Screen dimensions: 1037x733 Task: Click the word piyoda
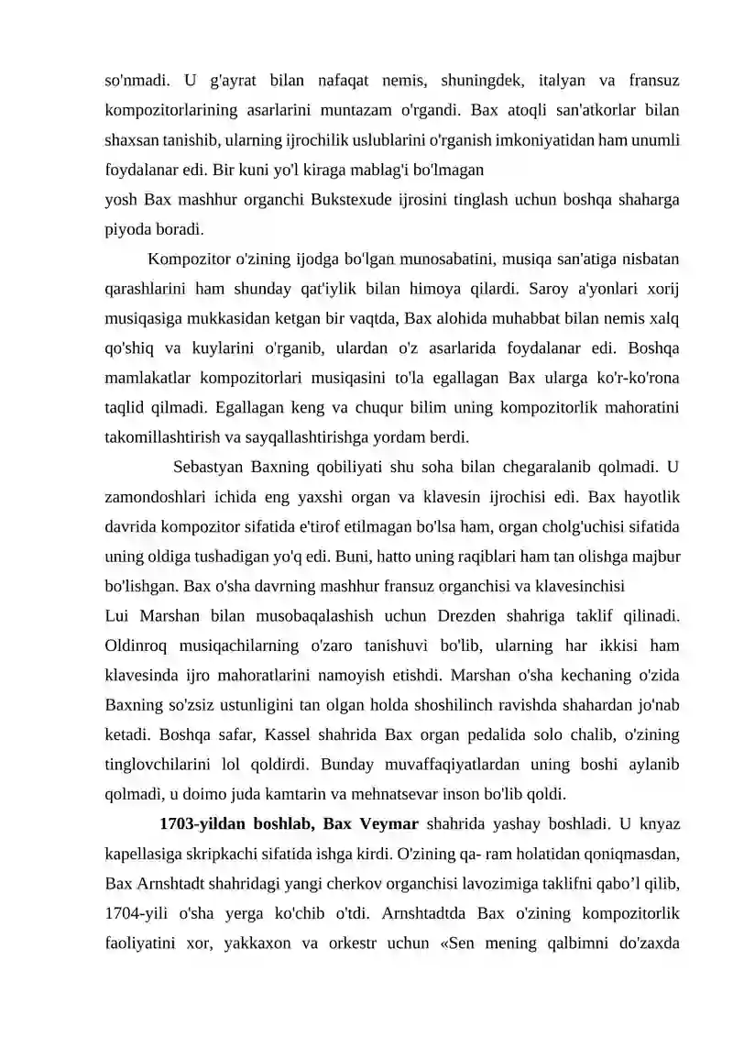tap(127, 225)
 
